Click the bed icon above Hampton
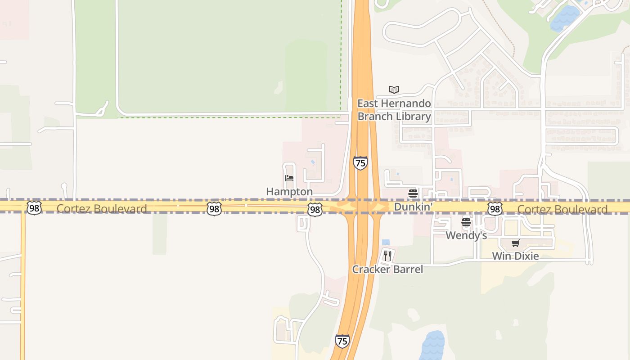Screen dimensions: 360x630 [x=289, y=178]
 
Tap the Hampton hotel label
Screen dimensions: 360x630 [x=289, y=192]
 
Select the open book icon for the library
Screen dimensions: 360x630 [x=394, y=90]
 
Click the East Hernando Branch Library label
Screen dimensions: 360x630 [x=394, y=110]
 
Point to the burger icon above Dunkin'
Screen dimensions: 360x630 [x=413, y=194]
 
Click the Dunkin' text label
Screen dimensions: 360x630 [x=413, y=207]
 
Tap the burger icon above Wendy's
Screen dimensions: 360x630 [x=466, y=222]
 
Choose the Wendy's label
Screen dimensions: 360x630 [x=466, y=235]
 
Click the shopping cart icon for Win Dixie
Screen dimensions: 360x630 [x=515, y=243]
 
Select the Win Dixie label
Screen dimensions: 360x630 [x=515, y=256]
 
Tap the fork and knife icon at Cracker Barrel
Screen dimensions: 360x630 [x=387, y=256]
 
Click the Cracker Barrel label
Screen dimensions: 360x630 [x=387, y=270]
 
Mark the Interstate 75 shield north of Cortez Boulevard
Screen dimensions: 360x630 [x=360, y=163]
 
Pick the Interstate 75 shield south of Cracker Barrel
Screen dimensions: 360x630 [x=342, y=341]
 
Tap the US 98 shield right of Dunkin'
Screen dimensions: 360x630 [x=495, y=208]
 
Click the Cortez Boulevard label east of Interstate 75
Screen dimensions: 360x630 [x=562, y=209]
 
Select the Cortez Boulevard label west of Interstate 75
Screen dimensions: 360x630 [x=102, y=209]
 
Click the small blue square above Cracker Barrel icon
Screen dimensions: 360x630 [x=386, y=242]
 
